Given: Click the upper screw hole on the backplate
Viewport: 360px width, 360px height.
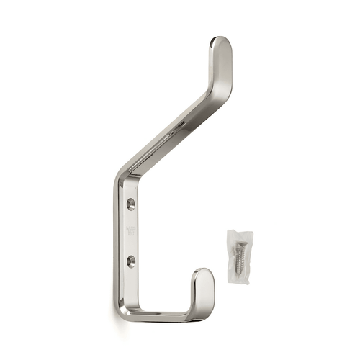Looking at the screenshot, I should pyautogui.click(x=130, y=204).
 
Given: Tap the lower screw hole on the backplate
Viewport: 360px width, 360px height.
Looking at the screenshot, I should pyautogui.click(x=130, y=261).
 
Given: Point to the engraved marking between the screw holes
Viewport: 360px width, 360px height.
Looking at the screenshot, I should pyautogui.click(x=130, y=232).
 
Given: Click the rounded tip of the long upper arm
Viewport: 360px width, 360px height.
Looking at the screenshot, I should pyautogui.click(x=220, y=45).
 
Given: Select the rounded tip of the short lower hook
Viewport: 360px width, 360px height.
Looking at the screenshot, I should pyautogui.click(x=204, y=277).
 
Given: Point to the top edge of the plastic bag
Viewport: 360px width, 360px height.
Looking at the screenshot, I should pyautogui.click(x=238, y=231).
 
